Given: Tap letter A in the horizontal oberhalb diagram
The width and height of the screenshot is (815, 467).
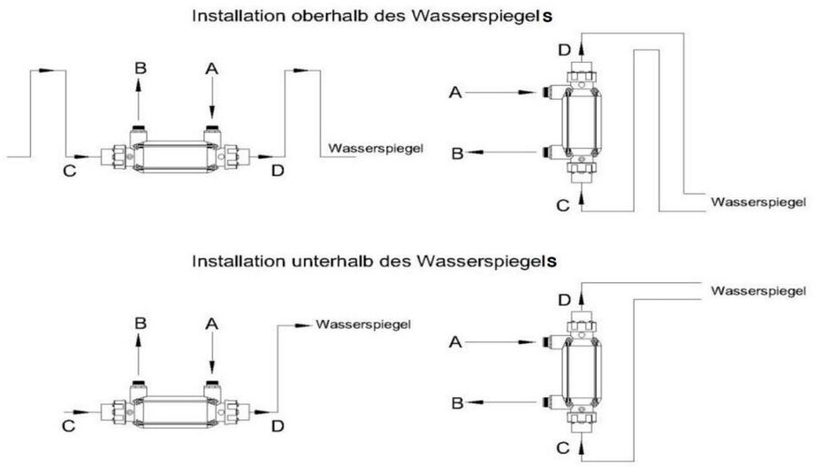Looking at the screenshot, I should click(210, 68).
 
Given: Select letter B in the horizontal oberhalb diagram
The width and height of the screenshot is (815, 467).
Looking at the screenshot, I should click(139, 68).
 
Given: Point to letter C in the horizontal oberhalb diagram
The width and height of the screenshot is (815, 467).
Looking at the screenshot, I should click(69, 171).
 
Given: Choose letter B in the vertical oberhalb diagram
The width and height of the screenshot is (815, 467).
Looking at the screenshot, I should click(458, 154).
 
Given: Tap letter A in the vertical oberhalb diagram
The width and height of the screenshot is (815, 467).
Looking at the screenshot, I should click(458, 92).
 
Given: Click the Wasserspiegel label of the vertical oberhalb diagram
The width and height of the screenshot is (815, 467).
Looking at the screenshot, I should click(758, 203).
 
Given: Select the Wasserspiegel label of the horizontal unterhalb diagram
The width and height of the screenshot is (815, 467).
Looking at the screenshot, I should click(362, 325).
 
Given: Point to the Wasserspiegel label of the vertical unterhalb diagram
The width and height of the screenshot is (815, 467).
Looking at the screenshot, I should click(758, 290).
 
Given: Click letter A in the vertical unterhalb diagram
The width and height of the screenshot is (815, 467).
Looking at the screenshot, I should click(458, 341).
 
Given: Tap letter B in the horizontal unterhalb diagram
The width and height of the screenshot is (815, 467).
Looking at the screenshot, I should click(139, 323).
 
